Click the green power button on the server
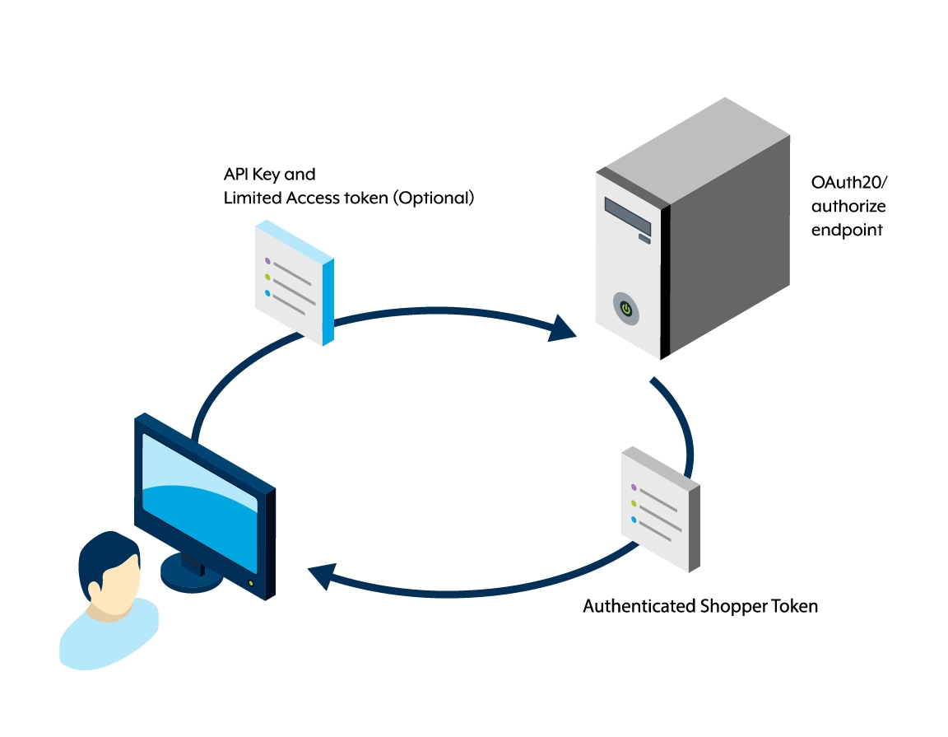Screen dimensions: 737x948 pyautogui.click(x=626, y=310)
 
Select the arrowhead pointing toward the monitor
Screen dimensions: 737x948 pyautogui.click(x=320, y=575)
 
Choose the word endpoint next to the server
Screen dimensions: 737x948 pyautogui.click(x=847, y=230)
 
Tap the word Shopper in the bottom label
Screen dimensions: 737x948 pyautogui.click(x=733, y=607)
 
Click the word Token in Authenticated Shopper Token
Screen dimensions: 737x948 pyautogui.click(x=794, y=607)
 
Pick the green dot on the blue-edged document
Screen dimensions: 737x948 pyautogui.click(x=267, y=277)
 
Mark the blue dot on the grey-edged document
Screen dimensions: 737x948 pyautogui.click(x=634, y=520)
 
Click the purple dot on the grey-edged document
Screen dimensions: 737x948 pyautogui.click(x=634, y=487)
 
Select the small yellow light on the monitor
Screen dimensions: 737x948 pyautogui.click(x=250, y=584)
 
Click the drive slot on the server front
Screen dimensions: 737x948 pyautogui.click(x=627, y=216)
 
